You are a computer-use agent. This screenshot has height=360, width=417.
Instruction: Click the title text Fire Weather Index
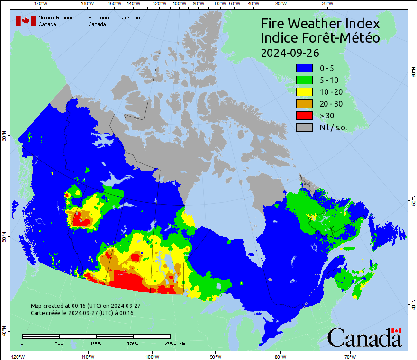coord(320,24)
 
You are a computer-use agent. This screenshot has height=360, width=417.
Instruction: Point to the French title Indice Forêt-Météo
coord(320,38)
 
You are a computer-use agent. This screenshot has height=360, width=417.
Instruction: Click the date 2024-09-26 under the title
coord(290,52)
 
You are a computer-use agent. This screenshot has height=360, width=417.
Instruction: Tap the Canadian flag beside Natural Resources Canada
coord(26,21)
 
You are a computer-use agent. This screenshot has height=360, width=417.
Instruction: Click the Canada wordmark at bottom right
coord(364,338)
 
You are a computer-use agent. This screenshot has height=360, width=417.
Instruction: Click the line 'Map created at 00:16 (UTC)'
coord(85,306)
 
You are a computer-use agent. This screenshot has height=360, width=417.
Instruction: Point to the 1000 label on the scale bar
coord(96,343)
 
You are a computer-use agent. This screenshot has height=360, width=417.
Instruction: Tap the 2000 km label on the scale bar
coord(175,343)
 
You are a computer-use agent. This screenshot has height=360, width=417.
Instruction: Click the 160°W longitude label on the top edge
coord(86,4)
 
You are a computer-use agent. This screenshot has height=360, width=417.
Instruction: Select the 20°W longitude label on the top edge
coord(326,4)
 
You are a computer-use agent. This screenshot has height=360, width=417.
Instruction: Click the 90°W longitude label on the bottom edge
coord(215,356)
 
